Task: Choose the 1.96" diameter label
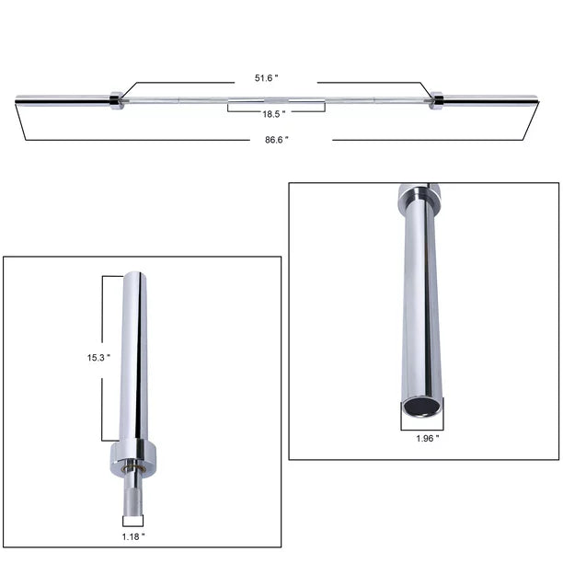(x=425, y=439)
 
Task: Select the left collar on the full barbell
(x=116, y=99)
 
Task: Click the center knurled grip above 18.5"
(x=276, y=99)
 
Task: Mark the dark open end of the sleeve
(x=421, y=406)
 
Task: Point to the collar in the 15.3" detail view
(x=134, y=454)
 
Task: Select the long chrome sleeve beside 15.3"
(x=134, y=359)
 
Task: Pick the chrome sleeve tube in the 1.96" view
(x=419, y=304)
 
